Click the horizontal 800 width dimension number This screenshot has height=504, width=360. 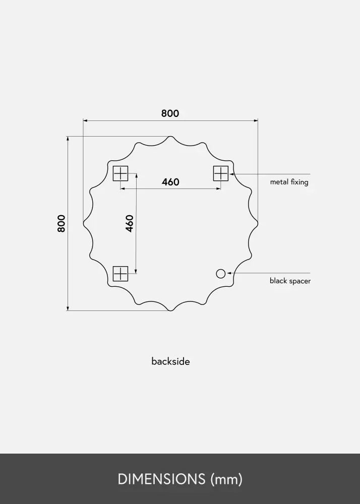tap(170, 113)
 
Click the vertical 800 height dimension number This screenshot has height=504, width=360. tap(62, 223)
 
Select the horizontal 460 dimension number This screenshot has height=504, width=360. tap(170, 182)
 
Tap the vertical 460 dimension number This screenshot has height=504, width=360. tap(129, 223)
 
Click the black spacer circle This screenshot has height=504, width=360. tap(221, 274)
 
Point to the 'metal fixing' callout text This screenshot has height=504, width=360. tap(289, 182)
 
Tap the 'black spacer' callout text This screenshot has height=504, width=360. tap(290, 281)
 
